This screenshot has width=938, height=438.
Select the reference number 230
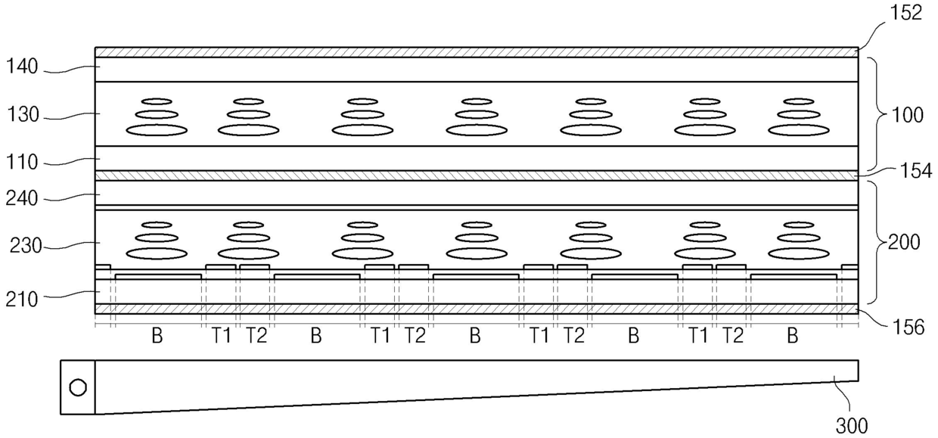click(25, 245)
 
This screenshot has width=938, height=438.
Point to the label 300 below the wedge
click(852, 424)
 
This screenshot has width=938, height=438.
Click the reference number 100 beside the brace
click(907, 116)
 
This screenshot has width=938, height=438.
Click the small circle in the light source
click(78, 388)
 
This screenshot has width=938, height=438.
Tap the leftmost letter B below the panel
click(157, 336)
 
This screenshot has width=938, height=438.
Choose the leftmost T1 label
click(222, 336)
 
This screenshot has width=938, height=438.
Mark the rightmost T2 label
click(732, 336)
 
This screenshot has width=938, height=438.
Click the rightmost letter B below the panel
click(793, 336)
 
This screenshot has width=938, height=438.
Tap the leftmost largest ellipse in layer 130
click(157, 130)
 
